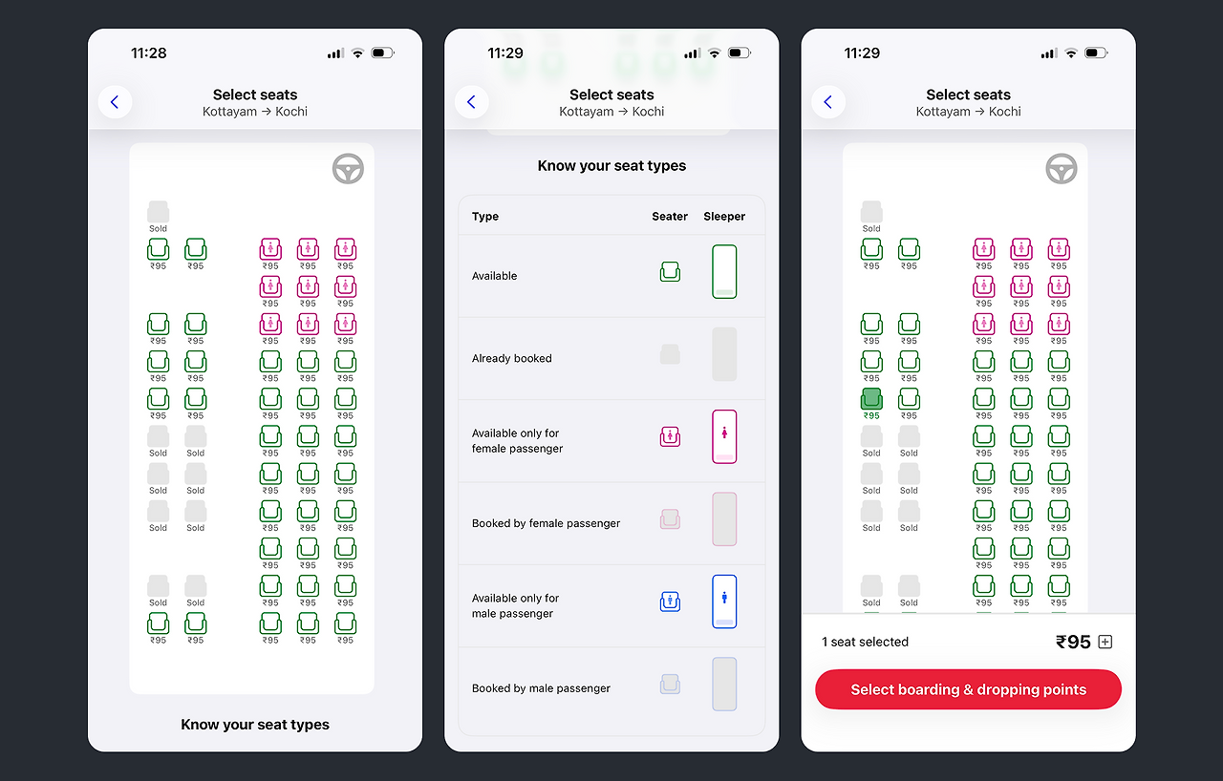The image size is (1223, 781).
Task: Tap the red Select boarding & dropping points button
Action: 968,689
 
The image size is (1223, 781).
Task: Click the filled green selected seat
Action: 871,399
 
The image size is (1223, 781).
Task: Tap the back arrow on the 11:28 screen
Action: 115,102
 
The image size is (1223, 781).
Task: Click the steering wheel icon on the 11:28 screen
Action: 348,169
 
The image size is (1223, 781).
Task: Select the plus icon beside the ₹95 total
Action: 1105,642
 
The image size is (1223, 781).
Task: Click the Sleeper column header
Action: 724,217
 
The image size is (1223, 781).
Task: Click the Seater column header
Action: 670,217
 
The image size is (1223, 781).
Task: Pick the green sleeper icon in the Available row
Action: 724,271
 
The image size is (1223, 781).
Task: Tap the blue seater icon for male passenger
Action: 670,602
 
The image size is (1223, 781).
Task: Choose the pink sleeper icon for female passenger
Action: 724,437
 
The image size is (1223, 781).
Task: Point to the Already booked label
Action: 511,358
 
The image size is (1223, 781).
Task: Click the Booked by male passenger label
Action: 541,688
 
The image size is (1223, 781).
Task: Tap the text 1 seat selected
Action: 865,642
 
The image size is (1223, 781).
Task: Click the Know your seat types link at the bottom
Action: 255,725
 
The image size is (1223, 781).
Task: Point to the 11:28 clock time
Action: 148,53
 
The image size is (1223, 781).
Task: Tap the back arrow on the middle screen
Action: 471,102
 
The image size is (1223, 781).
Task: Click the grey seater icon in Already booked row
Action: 670,354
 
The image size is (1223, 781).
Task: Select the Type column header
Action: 484,217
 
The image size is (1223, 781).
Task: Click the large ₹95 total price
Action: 1073,642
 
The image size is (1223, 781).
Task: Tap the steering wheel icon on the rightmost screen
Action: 1061,169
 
